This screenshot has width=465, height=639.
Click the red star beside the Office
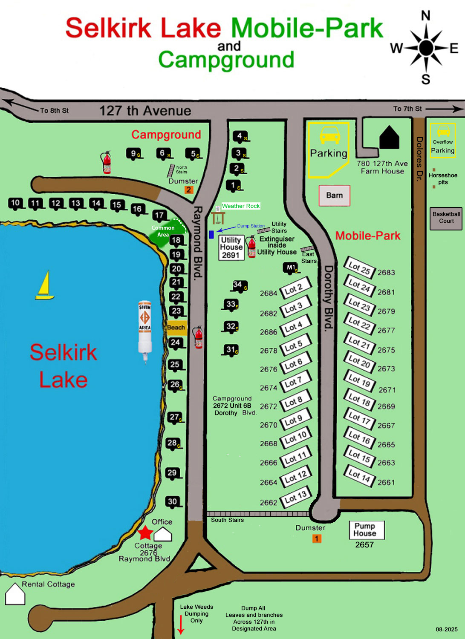[145, 532]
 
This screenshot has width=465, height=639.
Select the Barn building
[335, 196]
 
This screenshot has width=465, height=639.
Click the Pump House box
[367, 530]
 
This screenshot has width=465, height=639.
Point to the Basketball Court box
[446, 218]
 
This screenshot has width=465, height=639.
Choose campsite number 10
[15, 203]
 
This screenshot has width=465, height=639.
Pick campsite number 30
[173, 502]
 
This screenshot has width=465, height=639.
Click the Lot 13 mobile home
[296, 497]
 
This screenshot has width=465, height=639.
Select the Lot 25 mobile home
[359, 268]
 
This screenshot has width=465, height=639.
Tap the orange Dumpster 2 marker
[189, 190]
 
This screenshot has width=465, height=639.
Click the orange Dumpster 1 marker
[317, 539]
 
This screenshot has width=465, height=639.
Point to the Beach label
[176, 328]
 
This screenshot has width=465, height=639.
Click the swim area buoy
[145, 328]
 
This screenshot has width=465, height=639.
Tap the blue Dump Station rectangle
[211, 234]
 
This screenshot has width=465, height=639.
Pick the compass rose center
[426, 48]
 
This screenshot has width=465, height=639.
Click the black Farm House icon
[389, 138]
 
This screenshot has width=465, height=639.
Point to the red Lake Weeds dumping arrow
[181, 625]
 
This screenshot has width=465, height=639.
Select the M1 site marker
[291, 268]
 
